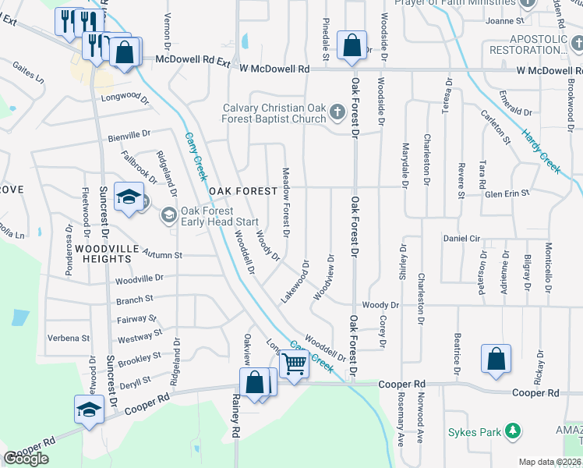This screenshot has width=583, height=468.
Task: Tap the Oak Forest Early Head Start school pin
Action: click(x=169, y=214)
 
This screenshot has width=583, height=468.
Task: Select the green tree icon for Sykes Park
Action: click(x=512, y=431)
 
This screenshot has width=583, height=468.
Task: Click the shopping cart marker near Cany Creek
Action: click(x=294, y=363)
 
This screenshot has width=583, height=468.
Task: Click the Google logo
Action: click(x=26, y=459)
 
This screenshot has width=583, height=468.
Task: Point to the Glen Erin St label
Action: click(x=507, y=193)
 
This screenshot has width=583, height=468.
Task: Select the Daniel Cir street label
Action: click(x=465, y=238)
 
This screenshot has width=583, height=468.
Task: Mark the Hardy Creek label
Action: click(x=541, y=151)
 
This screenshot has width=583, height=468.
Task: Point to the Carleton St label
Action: click(x=496, y=128)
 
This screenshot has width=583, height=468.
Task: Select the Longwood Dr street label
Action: click(x=125, y=97)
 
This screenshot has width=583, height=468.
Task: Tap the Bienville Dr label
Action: click(x=128, y=134)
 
